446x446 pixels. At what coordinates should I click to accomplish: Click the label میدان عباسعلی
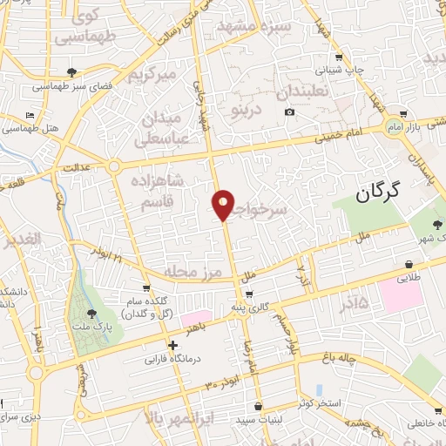click(x=159, y=128)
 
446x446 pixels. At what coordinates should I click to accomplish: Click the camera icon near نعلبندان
click(x=289, y=111)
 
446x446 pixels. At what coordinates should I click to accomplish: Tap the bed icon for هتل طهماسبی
click(x=30, y=115)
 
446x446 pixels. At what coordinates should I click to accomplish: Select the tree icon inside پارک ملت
click(x=91, y=314)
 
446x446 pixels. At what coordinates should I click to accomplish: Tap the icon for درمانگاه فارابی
click(x=178, y=344)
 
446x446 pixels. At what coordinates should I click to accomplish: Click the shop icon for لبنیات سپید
click(x=259, y=406)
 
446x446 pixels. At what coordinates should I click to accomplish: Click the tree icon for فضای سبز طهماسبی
click(x=71, y=73)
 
